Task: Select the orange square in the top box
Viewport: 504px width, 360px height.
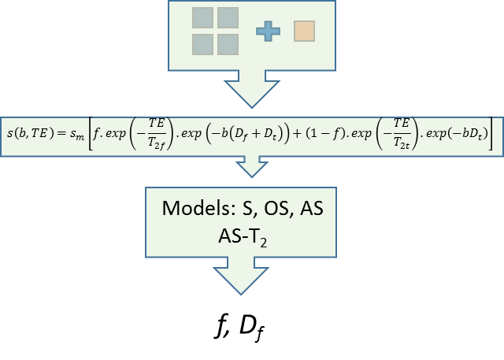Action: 304,31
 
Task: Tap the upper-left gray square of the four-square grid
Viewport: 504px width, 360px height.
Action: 203,18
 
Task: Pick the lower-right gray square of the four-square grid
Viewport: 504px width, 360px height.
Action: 228,43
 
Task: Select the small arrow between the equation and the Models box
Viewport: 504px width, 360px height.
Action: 252,165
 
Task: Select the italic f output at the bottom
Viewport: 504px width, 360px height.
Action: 218,325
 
